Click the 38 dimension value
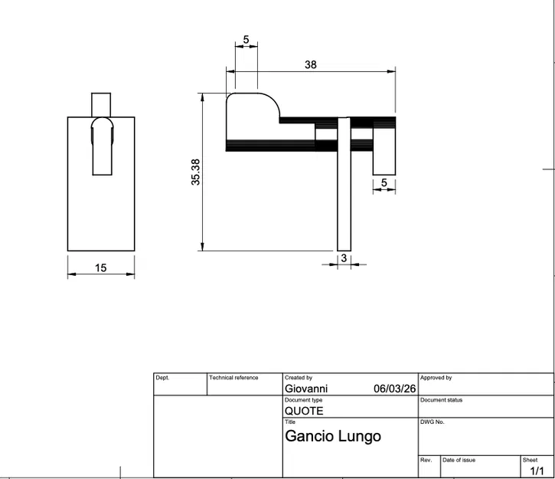point(310,65)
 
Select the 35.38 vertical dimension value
point(196,172)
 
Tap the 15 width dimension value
point(101,268)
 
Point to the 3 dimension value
point(344,258)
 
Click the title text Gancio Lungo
point(332,436)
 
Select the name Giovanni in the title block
point(305,389)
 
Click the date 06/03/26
point(393,389)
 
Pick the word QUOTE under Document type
point(304,411)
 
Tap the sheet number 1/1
point(537,471)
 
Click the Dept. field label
point(162,378)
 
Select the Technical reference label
point(233,378)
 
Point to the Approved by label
point(436,378)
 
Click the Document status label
point(442,400)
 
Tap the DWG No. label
point(433,422)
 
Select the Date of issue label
point(459,460)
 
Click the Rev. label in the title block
point(426,460)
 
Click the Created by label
point(299,378)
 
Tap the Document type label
point(303,400)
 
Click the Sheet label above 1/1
point(530,460)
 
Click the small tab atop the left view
point(101,104)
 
